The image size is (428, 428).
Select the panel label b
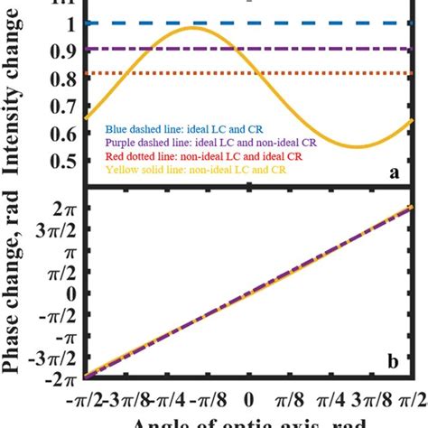pyautogui.click(x=394, y=363)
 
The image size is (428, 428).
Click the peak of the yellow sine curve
pyautogui.click(x=191, y=29)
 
